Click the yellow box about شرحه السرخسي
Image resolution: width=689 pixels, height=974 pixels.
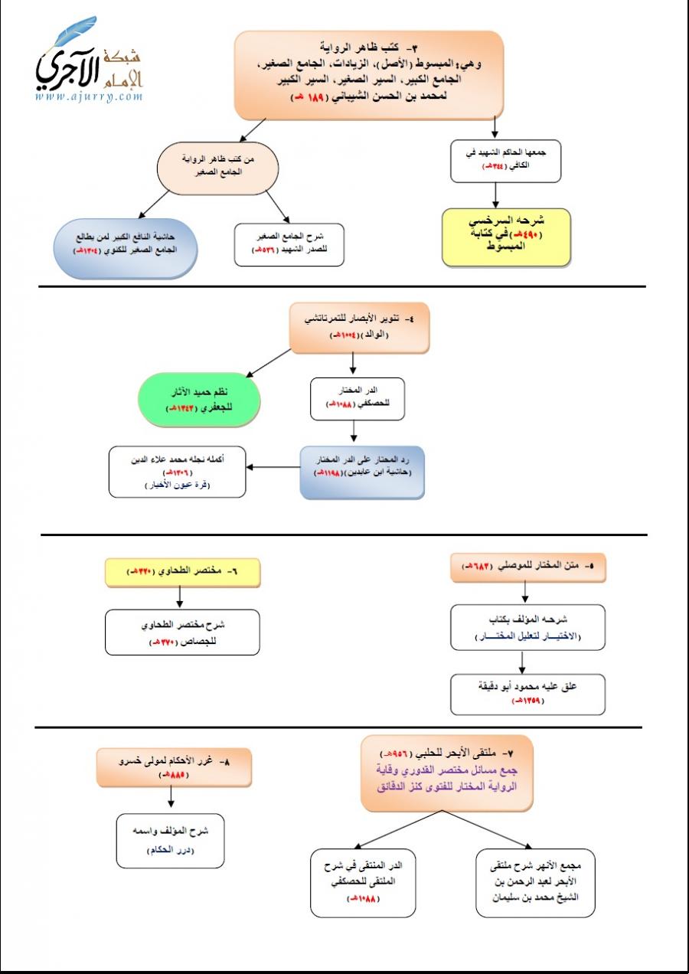tap(507, 237)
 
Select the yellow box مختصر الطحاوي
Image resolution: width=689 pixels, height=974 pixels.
tap(182, 571)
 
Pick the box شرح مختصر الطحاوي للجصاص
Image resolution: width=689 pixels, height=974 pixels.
tap(182, 632)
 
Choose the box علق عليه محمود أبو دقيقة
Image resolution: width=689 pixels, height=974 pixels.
tap(527, 693)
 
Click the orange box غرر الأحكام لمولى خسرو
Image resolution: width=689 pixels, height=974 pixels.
tap(174, 767)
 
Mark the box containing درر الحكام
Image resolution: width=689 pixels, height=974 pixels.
tap(171, 841)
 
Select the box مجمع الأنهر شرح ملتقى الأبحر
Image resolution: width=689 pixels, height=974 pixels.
tap(535, 883)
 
